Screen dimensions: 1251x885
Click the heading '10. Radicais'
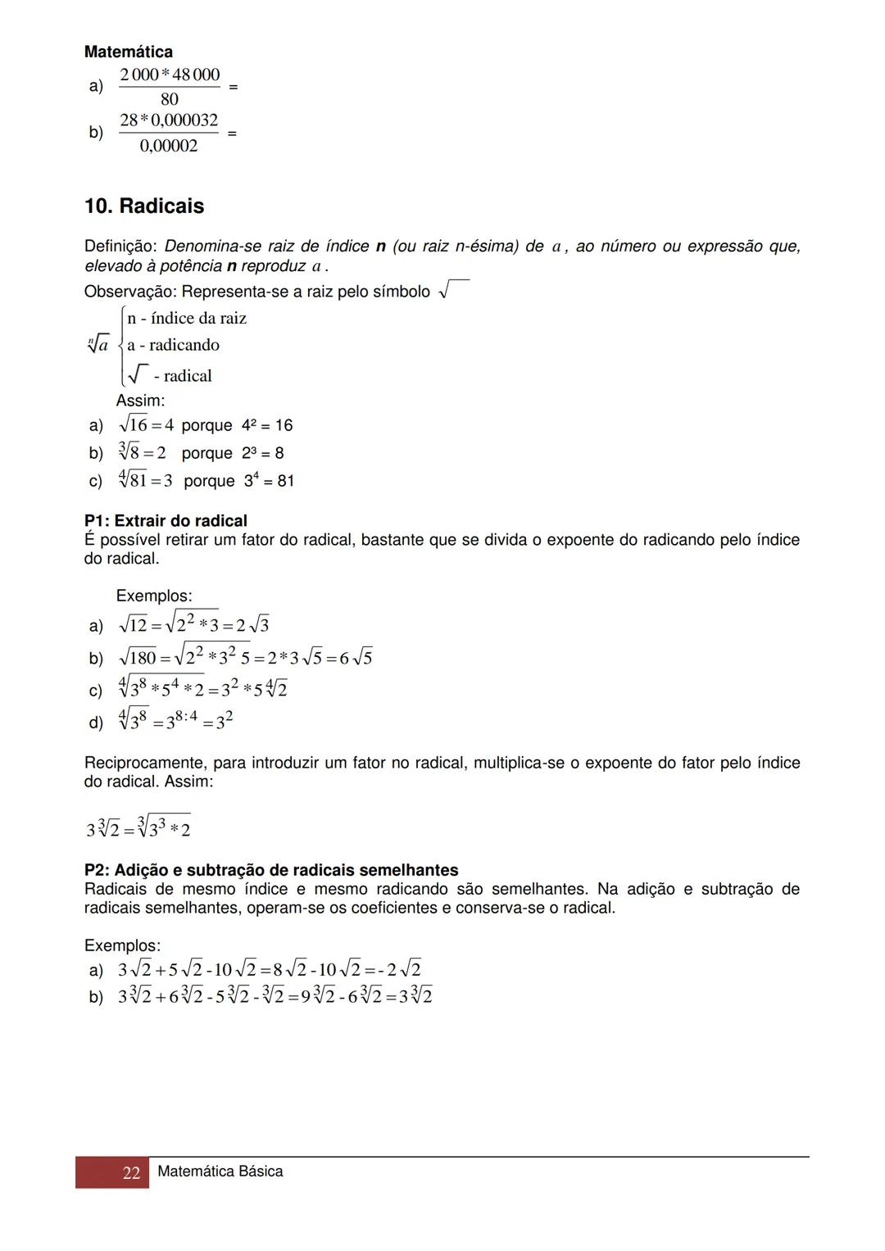click(x=144, y=206)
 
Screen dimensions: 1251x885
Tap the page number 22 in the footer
click(x=131, y=1172)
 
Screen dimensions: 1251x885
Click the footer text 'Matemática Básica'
click(x=220, y=1172)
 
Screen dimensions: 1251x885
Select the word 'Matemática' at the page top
click(x=128, y=52)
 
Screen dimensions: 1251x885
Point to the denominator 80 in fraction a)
click(x=170, y=99)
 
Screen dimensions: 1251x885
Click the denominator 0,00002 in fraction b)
click(x=169, y=146)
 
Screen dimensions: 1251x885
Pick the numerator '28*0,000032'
click(x=169, y=120)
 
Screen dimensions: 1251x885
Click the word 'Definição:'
click(x=120, y=246)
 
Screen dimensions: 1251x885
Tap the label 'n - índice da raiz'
click(x=187, y=318)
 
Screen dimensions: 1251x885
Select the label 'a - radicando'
click(x=173, y=345)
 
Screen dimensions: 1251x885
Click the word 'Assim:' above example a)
click(x=140, y=401)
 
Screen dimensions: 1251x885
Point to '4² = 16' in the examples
click(x=267, y=425)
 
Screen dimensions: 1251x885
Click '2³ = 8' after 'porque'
click(x=262, y=453)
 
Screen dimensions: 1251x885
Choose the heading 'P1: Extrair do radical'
click(x=166, y=521)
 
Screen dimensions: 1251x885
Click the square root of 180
click(x=138, y=658)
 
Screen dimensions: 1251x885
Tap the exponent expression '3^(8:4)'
click(x=181, y=721)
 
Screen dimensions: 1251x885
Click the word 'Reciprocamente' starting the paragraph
click(x=144, y=763)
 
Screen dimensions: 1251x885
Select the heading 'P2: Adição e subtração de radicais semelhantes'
click(x=271, y=870)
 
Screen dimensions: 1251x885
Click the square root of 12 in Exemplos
click(x=133, y=626)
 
